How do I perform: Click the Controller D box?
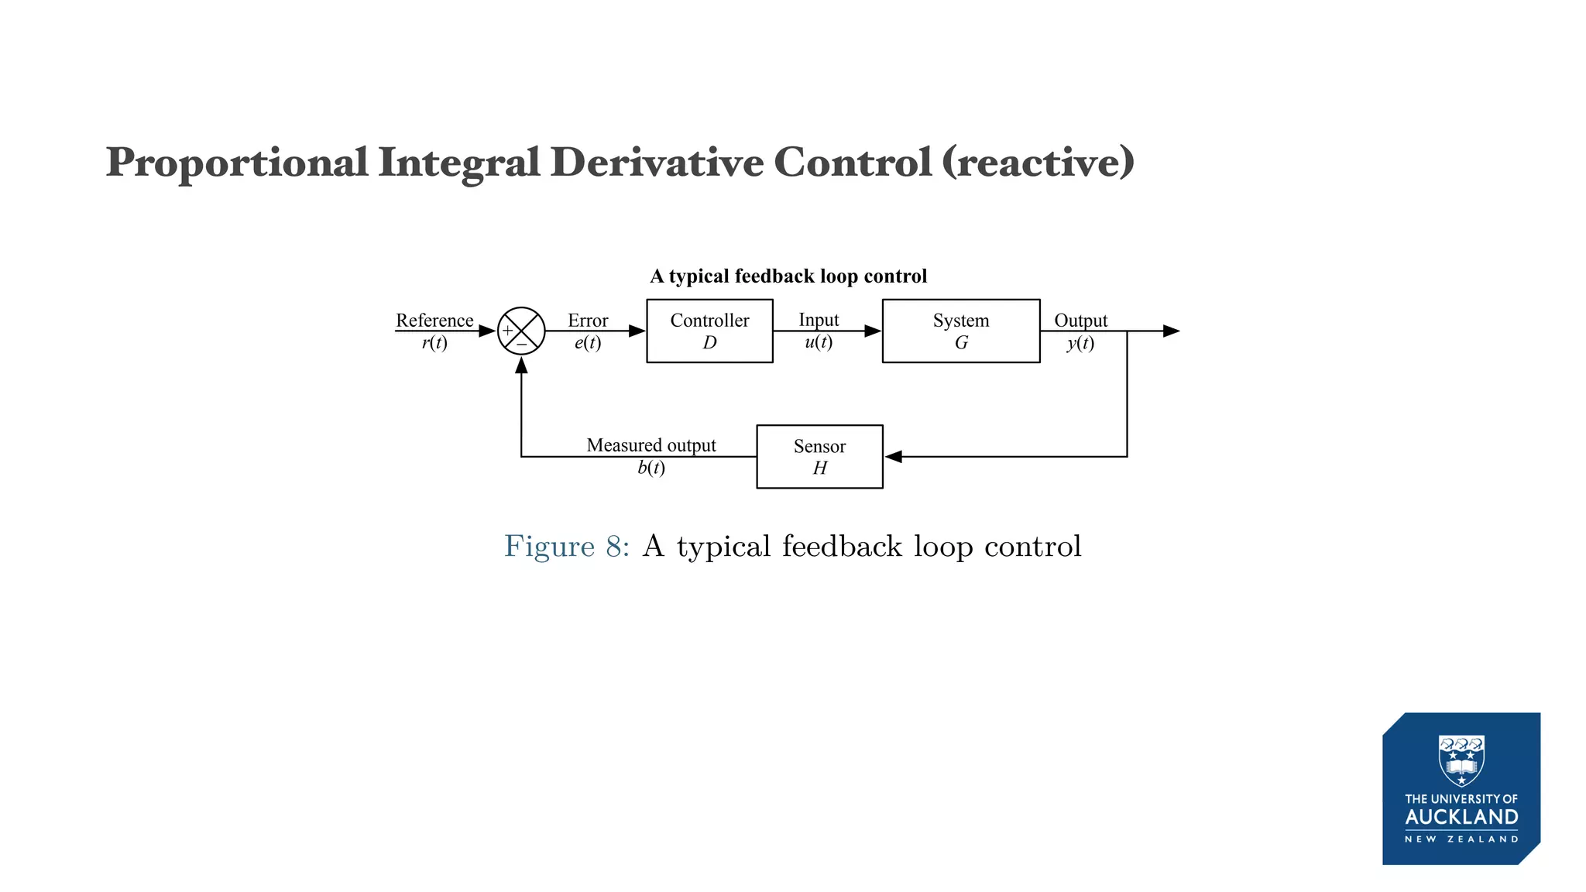[x=709, y=331]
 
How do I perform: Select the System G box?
[x=960, y=331]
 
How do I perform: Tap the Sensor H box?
[x=819, y=457]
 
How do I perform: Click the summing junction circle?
[x=521, y=331]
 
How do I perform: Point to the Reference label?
[x=434, y=320]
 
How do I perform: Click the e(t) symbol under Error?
[x=588, y=342]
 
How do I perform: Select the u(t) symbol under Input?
[x=819, y=341]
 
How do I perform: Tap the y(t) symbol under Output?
[x=1080, y=342]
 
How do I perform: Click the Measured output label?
[x=651, y=444]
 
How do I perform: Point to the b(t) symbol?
[x=651, y=468]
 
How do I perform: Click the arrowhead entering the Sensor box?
[x=894, y=457]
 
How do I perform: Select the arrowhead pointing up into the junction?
[x=521, y=365]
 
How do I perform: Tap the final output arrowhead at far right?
[x=1171, y=331]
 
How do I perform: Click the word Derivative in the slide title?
[x=657, y=163]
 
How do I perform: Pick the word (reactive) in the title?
[x=1038, y=163]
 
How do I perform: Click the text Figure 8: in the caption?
[x=567, y=546]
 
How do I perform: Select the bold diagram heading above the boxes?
[x=788, y=276]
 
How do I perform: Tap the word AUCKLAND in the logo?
[x=1461, y=817]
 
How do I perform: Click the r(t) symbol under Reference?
[x=434, y=342]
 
